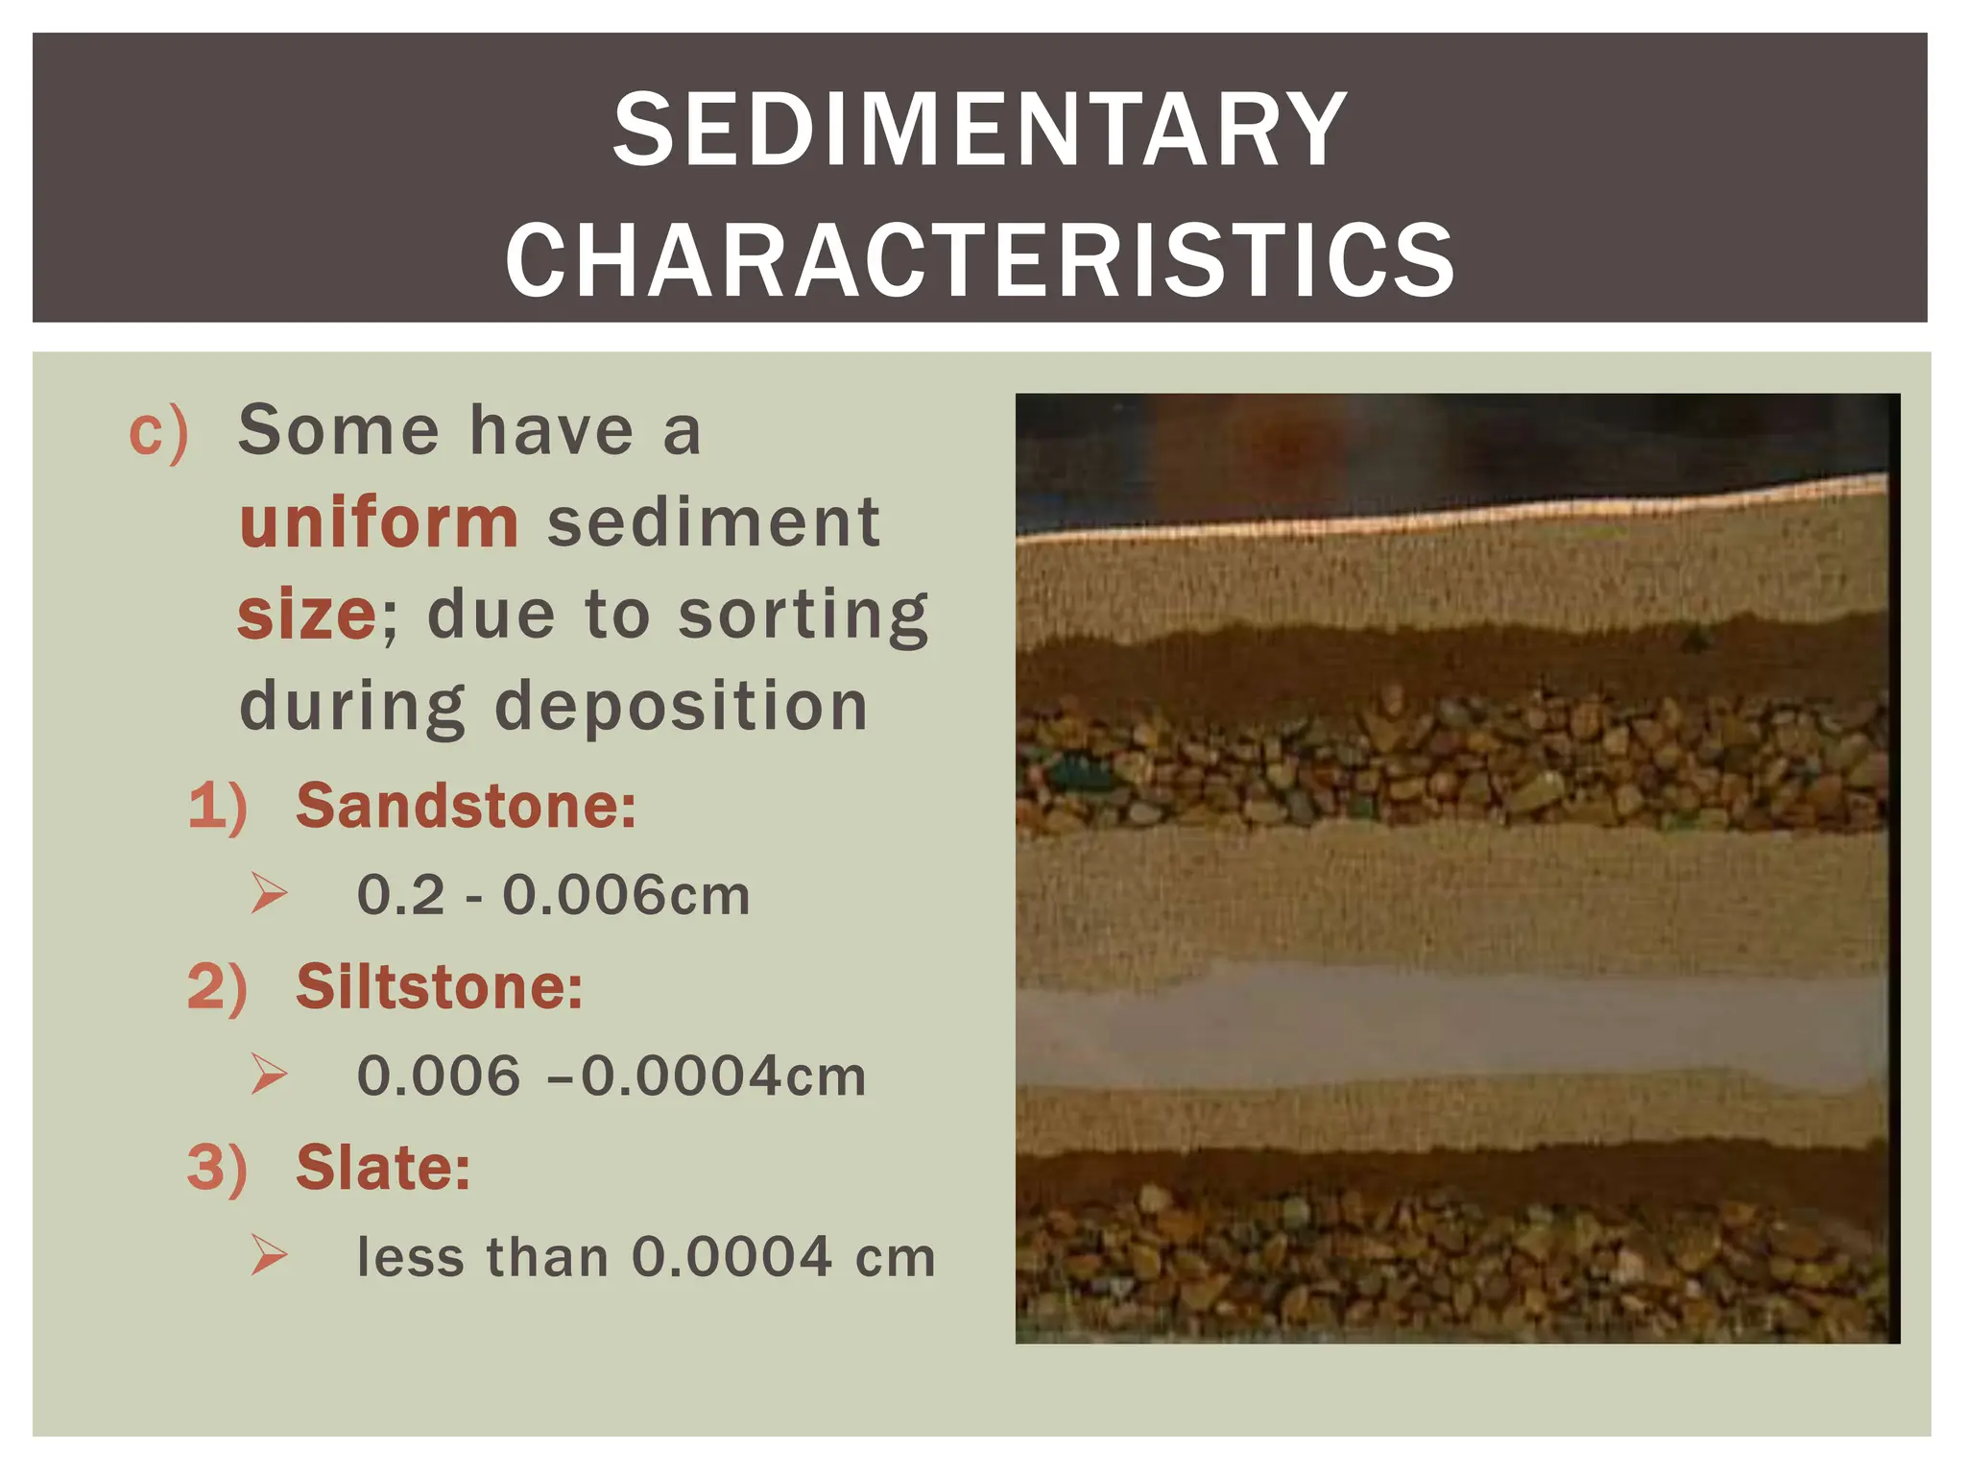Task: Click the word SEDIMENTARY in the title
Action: [980, 131]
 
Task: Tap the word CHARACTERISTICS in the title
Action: [980, 259]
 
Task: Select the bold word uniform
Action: [379, 523]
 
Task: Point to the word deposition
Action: [682, 707]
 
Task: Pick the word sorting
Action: [803, 615]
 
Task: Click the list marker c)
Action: [158, 432]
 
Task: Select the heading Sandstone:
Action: [466, 805]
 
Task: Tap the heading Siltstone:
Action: [439, 986]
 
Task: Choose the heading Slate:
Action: [383, 1168]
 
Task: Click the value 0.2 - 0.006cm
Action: [553, 896]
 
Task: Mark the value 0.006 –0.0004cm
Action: [611, 1076]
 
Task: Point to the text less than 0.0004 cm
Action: [646, 1257]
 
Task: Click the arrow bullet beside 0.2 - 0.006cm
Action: [269, 894]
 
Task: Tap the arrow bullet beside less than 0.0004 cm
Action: [269, 1256]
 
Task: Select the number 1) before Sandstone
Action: [218, 805]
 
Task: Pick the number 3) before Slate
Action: [218, 1168]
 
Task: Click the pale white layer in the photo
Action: [1450, 1028]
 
